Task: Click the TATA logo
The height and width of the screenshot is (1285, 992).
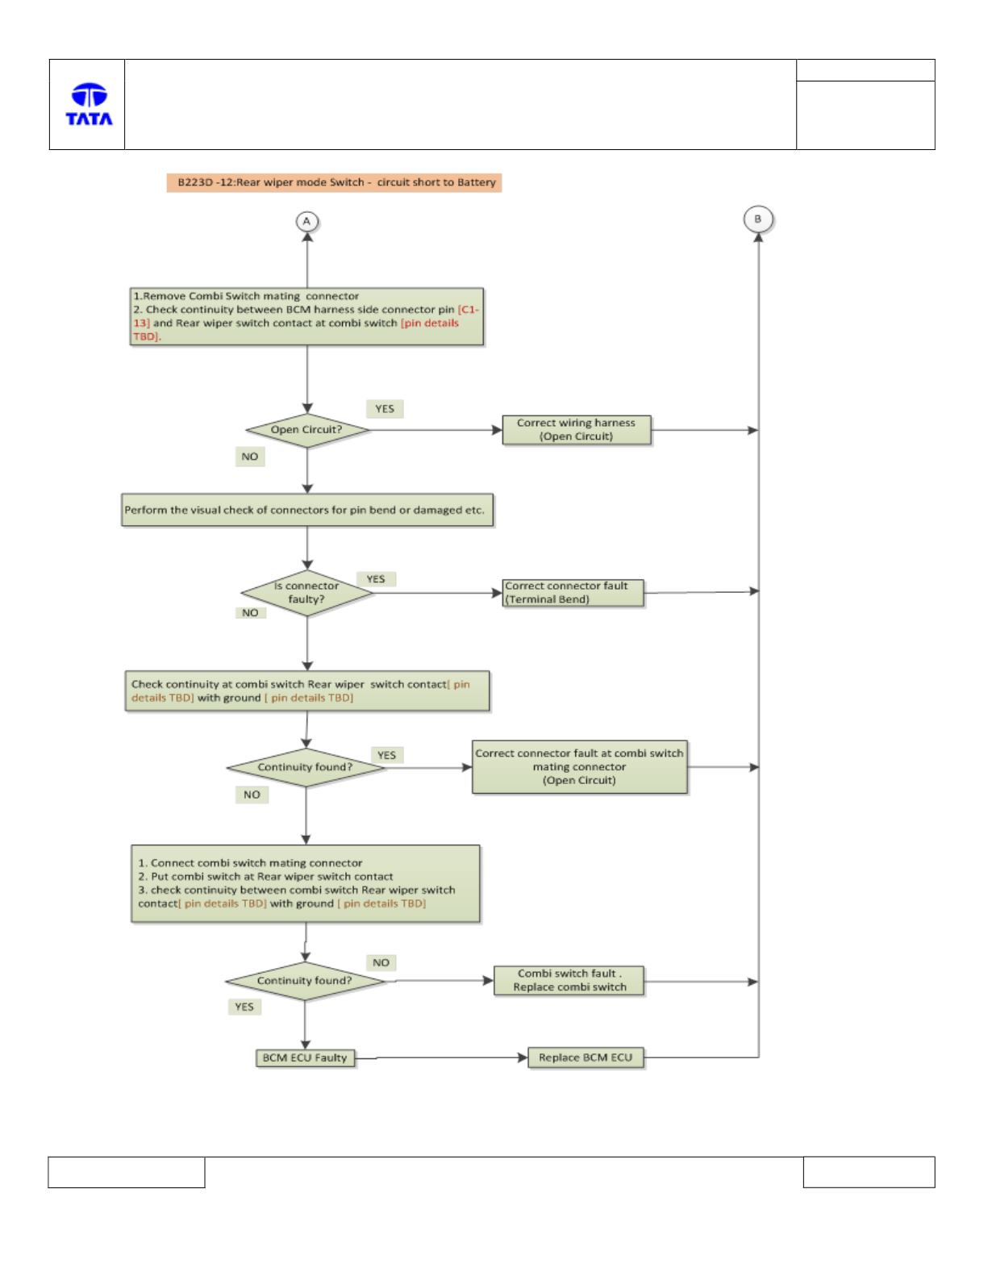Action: pyautogui.click(x=89, y=104)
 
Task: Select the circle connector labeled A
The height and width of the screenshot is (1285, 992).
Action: pyautogui.click(x=306, y=222)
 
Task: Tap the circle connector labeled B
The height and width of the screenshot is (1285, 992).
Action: pyautogui.click(x=758, y=219)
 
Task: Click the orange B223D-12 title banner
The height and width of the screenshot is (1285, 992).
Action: pyautogui.click(x=334, y=183)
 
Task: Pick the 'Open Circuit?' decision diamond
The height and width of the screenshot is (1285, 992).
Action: pyautogui.click(x=306, y=431)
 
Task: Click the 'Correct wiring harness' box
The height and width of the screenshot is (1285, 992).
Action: pyautogui.click(x=577, y=430)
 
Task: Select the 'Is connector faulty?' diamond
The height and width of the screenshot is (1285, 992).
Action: pyautogui.click(x=306, y=593)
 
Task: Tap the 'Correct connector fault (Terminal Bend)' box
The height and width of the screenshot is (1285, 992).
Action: pyautogui.click(x=573, y=593)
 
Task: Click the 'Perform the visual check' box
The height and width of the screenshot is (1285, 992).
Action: pyautogui.click(x=307, y=510)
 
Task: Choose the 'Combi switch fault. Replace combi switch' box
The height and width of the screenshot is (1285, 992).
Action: pyautogui.click(x=569, y=981)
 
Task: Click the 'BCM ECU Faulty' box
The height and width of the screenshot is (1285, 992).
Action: pyautogui.click(x=305, y=1058)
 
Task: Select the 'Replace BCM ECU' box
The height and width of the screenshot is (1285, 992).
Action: pyautogui.click(x=586, y=1058)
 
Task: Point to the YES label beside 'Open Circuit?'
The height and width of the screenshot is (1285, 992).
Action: pyautogui.click(x=385, y=409)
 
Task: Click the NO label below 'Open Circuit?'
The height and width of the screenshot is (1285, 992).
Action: pyautogui.click(x=250, y=457)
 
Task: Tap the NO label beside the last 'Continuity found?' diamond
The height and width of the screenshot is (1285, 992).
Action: pyautogui.click(x=381, y=962)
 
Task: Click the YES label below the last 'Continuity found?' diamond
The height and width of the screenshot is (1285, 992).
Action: pyautogui.click(x=244, y=1007)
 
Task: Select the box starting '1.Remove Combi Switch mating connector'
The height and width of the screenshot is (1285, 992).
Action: pyautogui.click(x=306, y=316)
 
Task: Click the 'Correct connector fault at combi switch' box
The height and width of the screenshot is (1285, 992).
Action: pyautogui.click(x=579, y=767)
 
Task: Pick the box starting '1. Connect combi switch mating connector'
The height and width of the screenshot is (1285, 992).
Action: pyautogui.click(x=306, y=883)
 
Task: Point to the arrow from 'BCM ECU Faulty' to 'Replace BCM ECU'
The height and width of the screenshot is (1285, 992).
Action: pyautogui.click(x=441, y=1058)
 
